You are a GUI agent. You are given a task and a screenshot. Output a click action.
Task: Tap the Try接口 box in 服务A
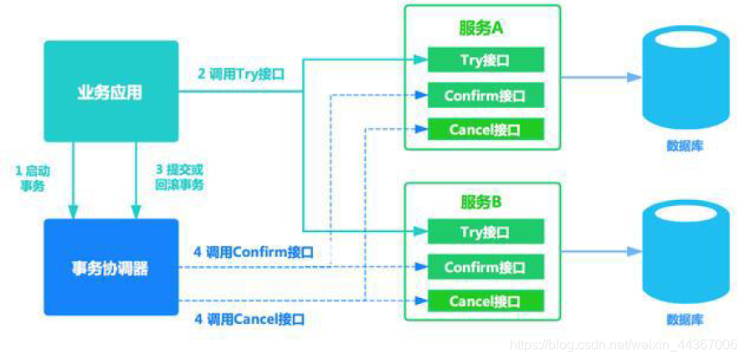486,59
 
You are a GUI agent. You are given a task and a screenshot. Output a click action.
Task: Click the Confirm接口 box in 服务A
486,95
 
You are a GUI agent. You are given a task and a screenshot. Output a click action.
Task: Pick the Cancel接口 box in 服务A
486,130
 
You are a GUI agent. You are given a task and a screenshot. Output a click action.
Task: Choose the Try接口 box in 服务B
486,232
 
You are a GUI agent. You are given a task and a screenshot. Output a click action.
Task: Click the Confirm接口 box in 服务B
486,267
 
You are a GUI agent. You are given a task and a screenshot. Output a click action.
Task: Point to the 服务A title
480,28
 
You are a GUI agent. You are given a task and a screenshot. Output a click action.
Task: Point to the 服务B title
480,202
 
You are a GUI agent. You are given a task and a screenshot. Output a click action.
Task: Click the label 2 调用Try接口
241,74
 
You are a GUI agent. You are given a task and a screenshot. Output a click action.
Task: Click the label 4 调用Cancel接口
249,319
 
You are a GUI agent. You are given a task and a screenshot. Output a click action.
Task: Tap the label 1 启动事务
33,177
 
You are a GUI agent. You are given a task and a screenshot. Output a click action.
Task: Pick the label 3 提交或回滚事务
179,177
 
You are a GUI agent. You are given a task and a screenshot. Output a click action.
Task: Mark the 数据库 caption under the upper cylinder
685,146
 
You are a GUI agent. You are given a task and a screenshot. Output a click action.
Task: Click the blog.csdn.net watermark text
623,345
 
